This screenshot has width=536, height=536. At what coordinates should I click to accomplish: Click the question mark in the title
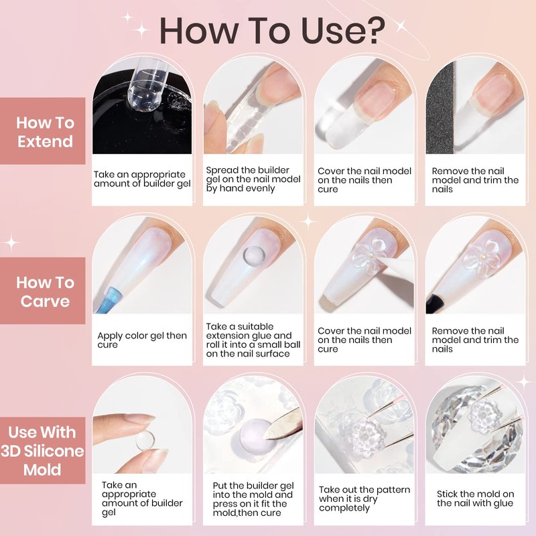pyautogui.click(x=373, y=30)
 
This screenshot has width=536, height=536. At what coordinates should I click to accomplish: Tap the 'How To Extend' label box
pyautogui.click(x=42, y=131)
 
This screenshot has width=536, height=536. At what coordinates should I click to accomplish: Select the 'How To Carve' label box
pyautogui.click(x=42, y=291)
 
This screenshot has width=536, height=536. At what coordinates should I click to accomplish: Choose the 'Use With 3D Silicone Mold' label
pyautogui.click(x=42, y=450)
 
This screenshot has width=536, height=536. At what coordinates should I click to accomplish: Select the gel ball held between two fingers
pyautogui.click(x=145, y=441)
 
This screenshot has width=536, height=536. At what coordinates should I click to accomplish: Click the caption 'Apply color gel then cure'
pyautogui.click(x=142, y=340)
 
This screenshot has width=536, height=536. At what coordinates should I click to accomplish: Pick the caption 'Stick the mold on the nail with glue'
pyautogui.click(x=475, y=498)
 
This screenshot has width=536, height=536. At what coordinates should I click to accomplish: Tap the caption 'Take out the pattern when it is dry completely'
pyautogui.click(x=364, y=498)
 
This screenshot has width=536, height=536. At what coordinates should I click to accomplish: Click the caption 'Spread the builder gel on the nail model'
pyautogui.click(x=253, y=175)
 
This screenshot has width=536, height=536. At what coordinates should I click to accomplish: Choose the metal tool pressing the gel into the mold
pyautogui.click(x=283, y=425)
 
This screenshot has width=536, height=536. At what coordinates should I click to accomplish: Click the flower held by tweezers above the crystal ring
pyautogui.click(x=484, y=416)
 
